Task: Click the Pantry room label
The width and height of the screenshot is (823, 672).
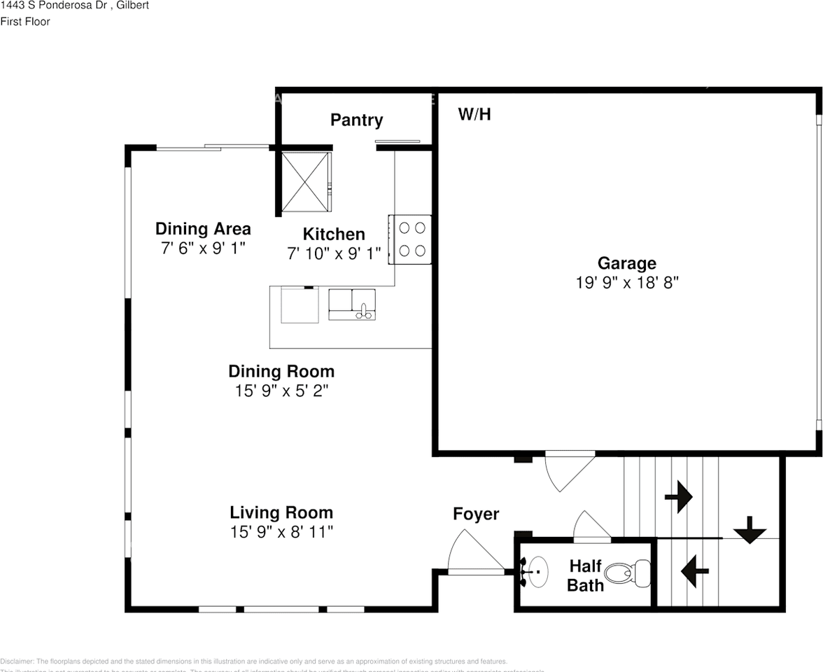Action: (356, 120)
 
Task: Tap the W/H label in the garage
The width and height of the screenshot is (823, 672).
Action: (474, 114)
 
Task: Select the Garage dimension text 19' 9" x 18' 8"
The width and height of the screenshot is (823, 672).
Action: (626, 283)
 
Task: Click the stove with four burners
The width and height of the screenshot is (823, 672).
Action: (410, 239)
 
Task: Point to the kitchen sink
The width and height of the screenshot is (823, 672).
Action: (352, 304)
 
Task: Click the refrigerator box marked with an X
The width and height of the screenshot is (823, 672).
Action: (304, 181)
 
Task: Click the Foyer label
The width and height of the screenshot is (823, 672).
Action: (476, 514)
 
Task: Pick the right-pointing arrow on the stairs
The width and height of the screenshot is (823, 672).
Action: (678, 497)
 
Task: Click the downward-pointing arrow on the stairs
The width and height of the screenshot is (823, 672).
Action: (750, 530)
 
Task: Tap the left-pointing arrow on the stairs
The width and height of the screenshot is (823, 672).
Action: (694, 570)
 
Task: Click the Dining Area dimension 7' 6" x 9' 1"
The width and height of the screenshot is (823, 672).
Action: (203, 248)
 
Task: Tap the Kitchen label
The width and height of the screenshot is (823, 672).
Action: (334, 234)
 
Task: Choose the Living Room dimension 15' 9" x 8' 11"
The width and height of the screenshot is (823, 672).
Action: (281, 532)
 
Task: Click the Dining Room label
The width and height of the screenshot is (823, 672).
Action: (281, 371)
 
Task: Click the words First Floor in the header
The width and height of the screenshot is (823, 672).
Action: (25, 22)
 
